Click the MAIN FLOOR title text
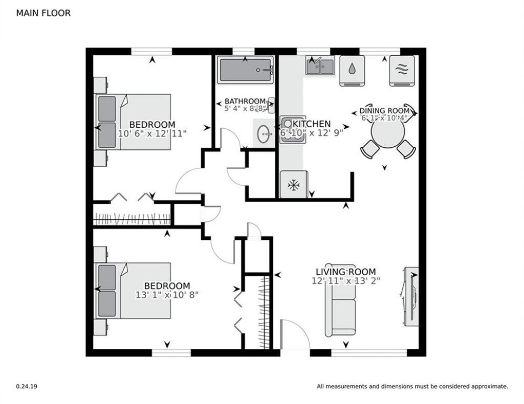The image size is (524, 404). click(43, 13)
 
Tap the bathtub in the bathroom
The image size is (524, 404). click(245, 70)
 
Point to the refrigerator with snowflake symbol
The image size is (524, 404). click(294, 184)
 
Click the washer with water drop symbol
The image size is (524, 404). click(352, 71)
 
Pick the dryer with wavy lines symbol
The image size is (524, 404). click(402, 71)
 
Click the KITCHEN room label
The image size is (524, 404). click(312, 124)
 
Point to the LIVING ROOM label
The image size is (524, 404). click(346, 272)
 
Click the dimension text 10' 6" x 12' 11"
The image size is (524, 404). click(152, 133)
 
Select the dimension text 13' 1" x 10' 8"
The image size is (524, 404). click(167, 295)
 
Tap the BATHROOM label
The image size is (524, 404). click(245, 101)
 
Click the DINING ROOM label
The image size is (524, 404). click(384, 110)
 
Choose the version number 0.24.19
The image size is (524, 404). click(27, 386)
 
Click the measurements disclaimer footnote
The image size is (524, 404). click(412, 386)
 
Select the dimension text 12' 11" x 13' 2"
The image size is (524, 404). click(346, 281)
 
